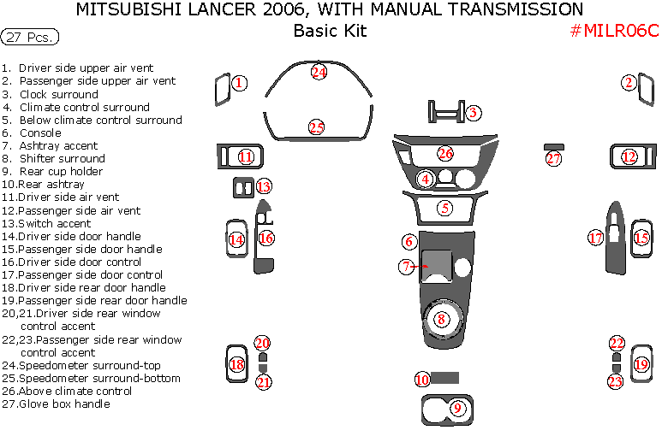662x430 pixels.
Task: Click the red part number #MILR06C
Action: coord(614,32)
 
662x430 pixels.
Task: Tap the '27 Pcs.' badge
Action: coord(30,38)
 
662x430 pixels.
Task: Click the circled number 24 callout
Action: coord(319,73)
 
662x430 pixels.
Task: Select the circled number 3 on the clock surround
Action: coord(472,112)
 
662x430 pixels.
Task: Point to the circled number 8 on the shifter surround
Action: coord(442,320)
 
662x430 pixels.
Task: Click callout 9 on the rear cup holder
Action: coord(457,408)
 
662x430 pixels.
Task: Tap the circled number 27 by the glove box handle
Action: coord(554,158)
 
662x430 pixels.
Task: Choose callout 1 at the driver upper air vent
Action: coord(240,83)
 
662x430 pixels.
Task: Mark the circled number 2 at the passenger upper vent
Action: coord(629,83)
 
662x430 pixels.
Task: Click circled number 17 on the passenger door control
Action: coord(596,238)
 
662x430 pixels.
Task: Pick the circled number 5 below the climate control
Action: coord(444,208)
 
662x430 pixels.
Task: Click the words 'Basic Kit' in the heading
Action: coord(330,32)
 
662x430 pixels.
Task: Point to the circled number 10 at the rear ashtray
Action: coord(421,380)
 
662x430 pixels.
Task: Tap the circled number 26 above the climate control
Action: coord(445,154)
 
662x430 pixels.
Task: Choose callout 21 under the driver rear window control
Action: coord(264,382)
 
